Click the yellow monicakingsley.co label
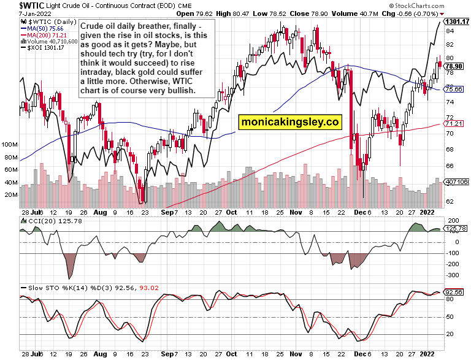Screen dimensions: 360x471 (x=289, y=121)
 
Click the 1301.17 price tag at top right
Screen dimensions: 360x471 (x=457, y=21)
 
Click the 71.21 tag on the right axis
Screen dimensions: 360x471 (x=454, y=124)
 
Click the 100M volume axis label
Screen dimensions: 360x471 (x=9, y=145)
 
